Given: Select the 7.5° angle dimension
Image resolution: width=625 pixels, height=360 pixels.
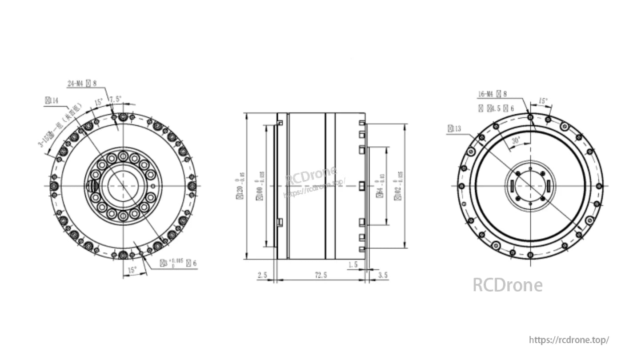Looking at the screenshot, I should tap(116, 99).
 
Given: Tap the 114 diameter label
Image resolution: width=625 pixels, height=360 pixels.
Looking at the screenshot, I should tap(52, 101).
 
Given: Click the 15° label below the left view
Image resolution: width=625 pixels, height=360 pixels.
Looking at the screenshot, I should tap(132, 270).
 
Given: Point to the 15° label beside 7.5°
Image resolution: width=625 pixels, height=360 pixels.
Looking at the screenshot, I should tap(99, 102).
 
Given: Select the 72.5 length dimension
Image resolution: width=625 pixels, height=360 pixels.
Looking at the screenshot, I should tap(321, 275).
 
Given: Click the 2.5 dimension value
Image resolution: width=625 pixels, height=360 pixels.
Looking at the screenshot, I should tap(262, 275).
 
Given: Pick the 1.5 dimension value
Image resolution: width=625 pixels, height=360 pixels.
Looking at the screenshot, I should tap(353, 264).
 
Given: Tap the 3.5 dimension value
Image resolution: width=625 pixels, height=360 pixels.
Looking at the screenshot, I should tap(382, 275).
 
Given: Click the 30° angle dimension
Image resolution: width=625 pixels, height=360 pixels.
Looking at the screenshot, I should tap(516, 140).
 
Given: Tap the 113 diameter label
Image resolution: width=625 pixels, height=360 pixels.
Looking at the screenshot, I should tap(455, 129).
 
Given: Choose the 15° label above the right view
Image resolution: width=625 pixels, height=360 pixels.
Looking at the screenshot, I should tap(543, 101).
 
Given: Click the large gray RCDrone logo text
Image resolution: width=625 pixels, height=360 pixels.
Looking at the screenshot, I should tap(507, 285).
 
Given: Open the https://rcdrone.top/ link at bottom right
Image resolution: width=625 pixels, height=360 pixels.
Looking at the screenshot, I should tap(569, 340).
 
